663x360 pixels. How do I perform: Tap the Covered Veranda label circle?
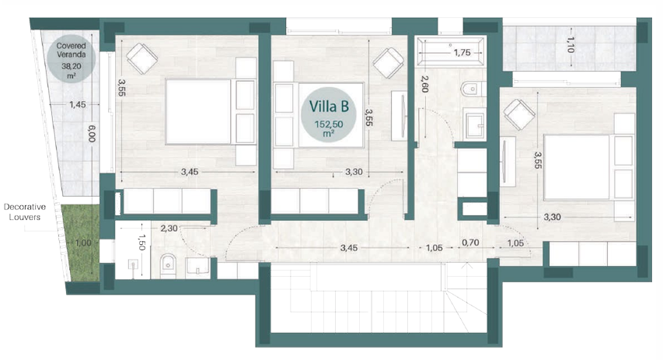click(71, 58)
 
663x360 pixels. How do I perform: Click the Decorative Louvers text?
click(25, 212)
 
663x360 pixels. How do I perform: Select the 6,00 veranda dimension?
click(92, 133)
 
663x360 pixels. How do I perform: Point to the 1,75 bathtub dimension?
click(462, 52)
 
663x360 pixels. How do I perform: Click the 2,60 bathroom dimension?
click(425, 84)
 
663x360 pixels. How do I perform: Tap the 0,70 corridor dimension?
click(470, 243)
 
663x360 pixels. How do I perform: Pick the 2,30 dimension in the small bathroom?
click(169, 229)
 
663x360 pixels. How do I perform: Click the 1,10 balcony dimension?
click(571, 44)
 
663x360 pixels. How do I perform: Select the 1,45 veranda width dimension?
click(78, 104)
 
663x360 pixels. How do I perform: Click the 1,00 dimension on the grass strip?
click(83, 243)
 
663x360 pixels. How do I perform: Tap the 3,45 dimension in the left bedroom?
click(190, 172)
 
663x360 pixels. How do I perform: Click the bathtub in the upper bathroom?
click(450, 51)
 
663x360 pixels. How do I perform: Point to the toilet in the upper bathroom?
click(473, 89)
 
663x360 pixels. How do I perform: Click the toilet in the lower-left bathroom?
click(169, 266)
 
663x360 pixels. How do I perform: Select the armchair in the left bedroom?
click(142, 58)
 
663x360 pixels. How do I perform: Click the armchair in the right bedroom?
click(519, 114)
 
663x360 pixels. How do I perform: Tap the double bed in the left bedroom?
click(211, 112)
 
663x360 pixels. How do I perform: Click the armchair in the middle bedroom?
click(388, 63)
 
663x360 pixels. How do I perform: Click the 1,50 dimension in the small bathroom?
click(142, 243)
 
